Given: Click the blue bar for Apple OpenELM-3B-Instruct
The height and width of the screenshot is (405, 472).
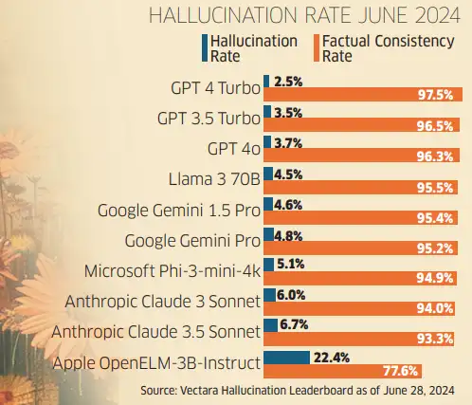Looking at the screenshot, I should (286, 357).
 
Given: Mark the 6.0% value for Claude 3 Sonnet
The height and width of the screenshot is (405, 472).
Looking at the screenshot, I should (292, 296).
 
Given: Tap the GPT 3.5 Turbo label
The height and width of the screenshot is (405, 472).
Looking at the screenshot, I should (207, 120).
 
